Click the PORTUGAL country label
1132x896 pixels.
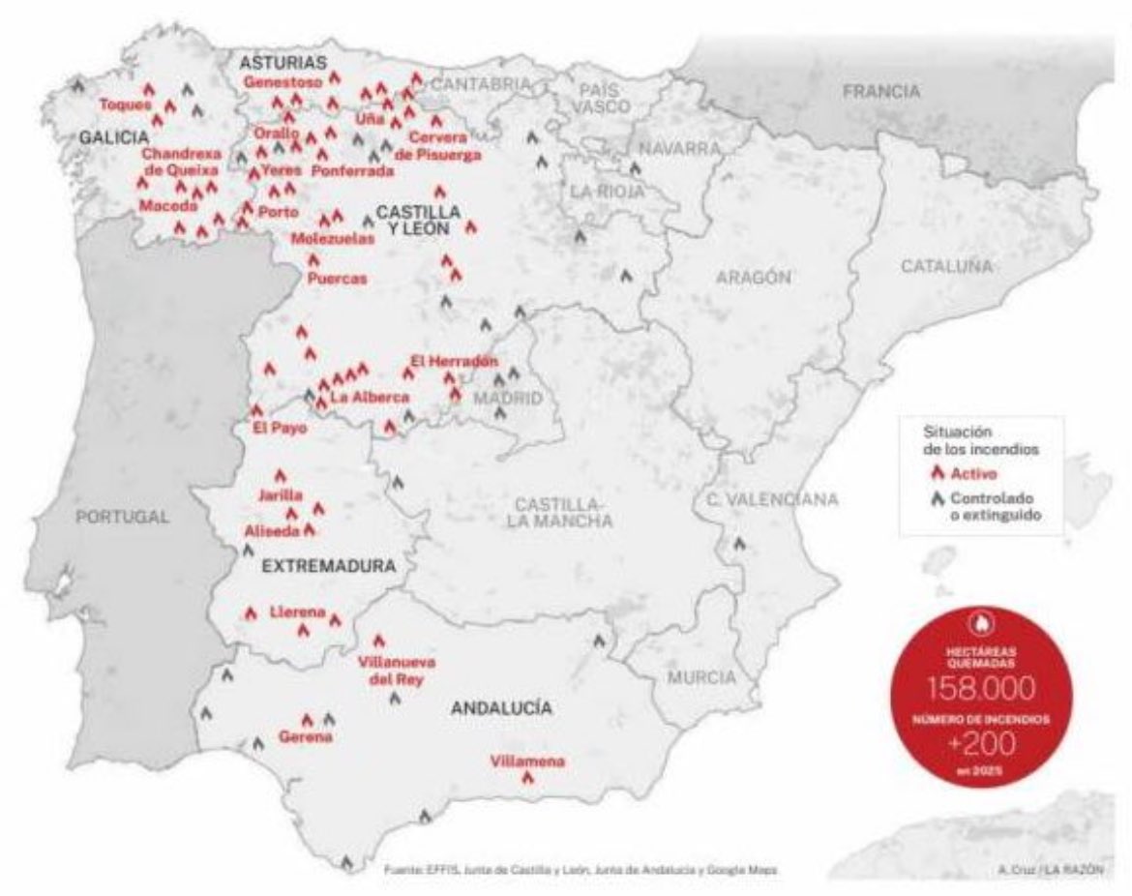point(122,517)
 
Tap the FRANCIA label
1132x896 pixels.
point(880,92)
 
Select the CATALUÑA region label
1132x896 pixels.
point(947,266)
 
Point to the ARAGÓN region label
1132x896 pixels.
point(754,278)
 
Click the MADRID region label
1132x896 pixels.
point(508,399)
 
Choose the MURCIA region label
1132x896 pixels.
point(700,677)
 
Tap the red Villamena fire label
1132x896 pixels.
point(527,762)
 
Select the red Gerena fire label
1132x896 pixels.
point(305,736)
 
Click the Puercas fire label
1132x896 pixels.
point(337,279)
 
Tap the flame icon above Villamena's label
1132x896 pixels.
point(527,779)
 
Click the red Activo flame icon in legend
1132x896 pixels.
point(937,473)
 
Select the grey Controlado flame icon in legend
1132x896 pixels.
point(937,499)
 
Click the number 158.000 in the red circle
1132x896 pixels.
point(982,688)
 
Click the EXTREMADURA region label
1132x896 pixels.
point(329,567)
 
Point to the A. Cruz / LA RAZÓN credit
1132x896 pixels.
point(1050,869)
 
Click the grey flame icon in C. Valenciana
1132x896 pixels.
point(740,544)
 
